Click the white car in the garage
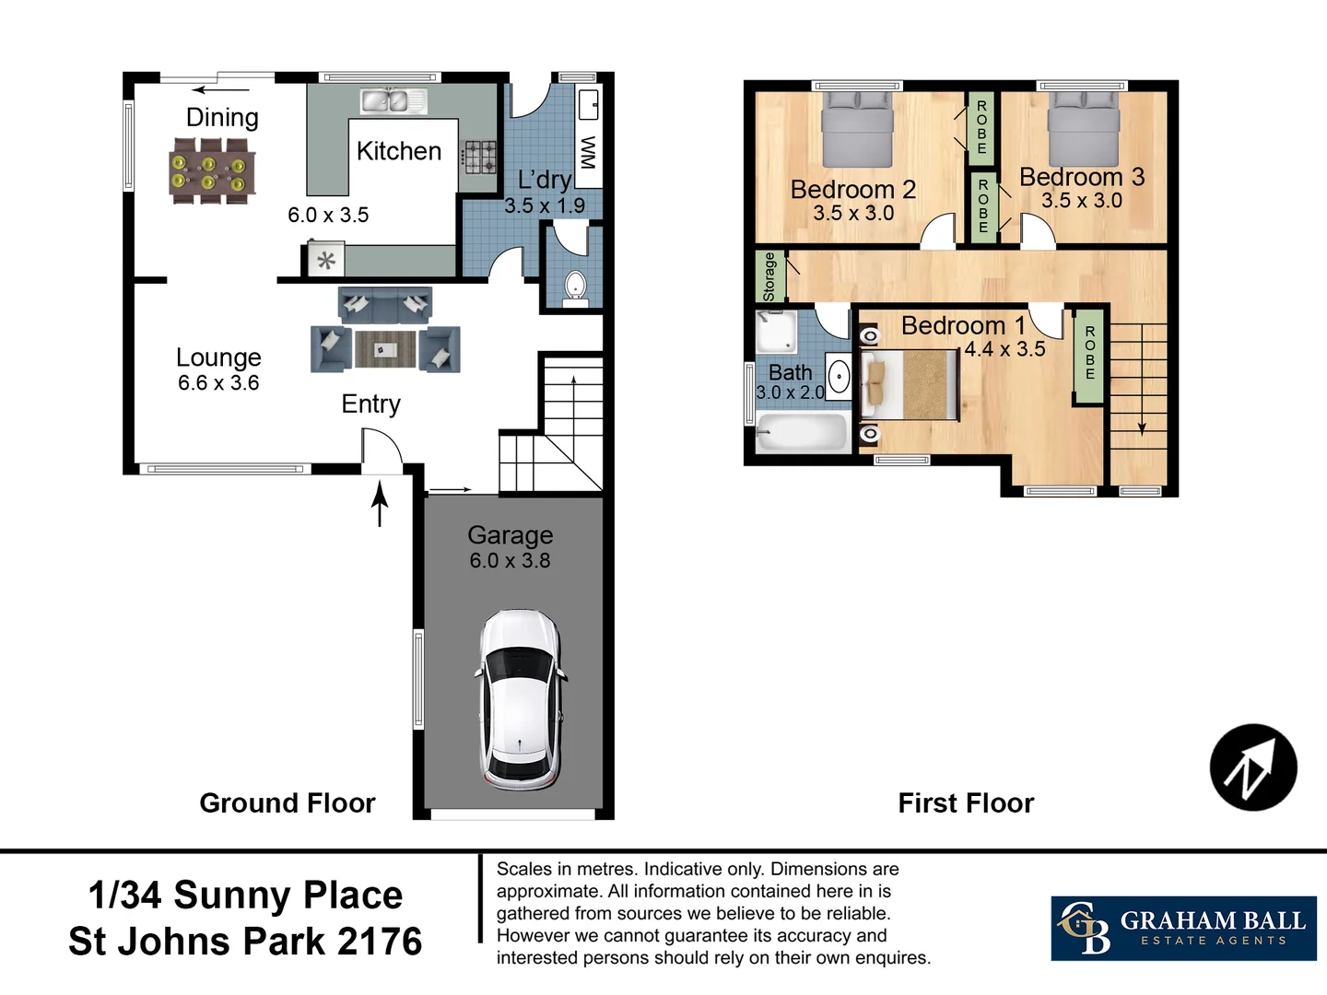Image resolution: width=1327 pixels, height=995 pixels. [x=522, y=699]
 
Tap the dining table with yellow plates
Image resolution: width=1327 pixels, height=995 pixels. [x=212, y=171]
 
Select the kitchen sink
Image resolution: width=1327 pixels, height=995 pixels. [x=393, y=101]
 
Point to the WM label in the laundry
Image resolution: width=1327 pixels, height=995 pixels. [x=588, y=152]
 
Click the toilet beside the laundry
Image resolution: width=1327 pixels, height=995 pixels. [x=575, y=287]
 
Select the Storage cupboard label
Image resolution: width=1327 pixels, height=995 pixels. [x=769, y=276]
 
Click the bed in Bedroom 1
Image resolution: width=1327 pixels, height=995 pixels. [x=910, y=385]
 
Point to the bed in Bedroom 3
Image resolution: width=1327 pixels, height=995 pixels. [x=1083, y=129]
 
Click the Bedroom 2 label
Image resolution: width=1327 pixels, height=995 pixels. [x=853, y=190]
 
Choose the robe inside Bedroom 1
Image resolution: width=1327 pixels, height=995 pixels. [x=1089, y=357]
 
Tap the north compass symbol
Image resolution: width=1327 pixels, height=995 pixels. [x=1253, y=767]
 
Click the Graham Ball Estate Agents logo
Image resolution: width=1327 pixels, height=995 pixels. [x=1183, y=928]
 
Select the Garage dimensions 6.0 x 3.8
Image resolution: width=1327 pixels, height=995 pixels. [x=510, y=561]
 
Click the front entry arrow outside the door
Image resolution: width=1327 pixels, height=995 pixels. [x=380, y=503]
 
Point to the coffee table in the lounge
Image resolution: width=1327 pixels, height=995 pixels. [x=385, y=349]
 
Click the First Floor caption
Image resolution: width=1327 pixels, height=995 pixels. [x=966, y=802]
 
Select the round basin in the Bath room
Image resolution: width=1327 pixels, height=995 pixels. [x=839, y=378]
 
